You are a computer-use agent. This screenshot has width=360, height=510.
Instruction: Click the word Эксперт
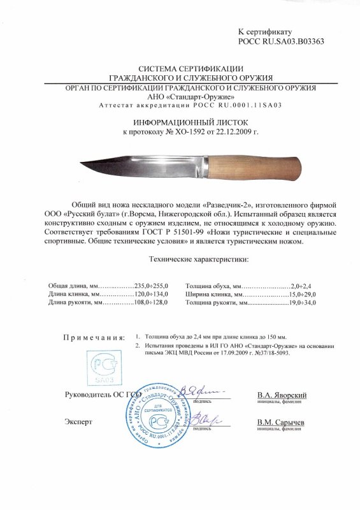click(78, 422)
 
